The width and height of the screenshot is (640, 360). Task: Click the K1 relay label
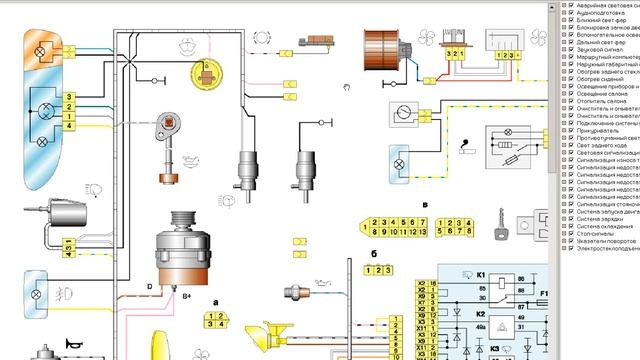click(481, 274)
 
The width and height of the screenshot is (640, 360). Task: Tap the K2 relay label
click(481, 313)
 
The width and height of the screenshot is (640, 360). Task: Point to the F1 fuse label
click(546, 294)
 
